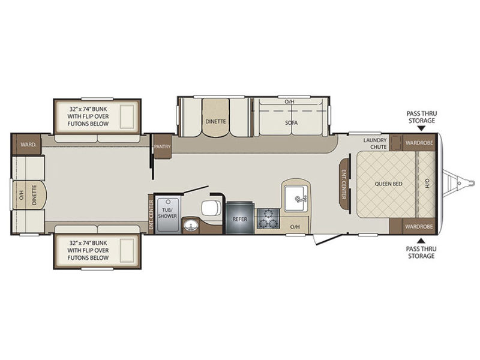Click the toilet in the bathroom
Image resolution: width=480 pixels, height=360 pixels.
click(x=211, y=208)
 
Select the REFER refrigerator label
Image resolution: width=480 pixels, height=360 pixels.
click(x=240, y=219)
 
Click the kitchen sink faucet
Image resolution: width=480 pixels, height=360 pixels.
click(x=299, y=199)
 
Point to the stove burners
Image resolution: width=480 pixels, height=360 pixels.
click(x=268, y=218)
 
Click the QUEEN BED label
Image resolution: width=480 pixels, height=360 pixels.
click(x=388, y=184)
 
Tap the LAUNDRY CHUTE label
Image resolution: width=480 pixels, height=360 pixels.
click(x=376, y=143)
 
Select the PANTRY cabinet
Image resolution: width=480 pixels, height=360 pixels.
click(x=162, y=146)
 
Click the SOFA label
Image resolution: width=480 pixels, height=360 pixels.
click(x=291, y=123)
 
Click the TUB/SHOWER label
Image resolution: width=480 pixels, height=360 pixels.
click(x=167, y=213)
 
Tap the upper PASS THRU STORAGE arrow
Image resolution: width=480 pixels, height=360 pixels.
click(x=422, y=129)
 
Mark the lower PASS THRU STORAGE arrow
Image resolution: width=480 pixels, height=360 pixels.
click(x=422, y=241)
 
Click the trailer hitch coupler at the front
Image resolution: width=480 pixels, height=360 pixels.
click(x=458, y=184)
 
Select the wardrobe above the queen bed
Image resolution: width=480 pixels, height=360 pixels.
click(x=419, y=142)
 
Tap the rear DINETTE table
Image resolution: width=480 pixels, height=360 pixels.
click(x=34, y=194)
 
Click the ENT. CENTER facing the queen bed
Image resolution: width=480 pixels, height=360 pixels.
click(x=344, y=184)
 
